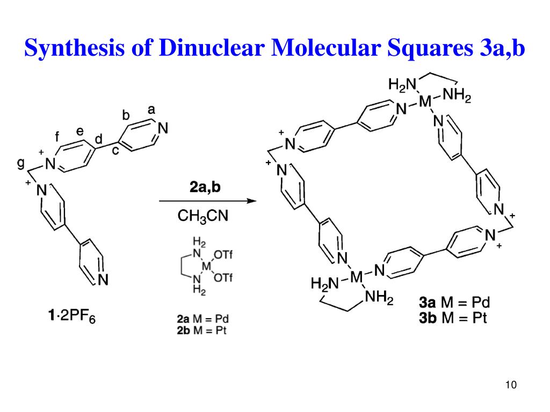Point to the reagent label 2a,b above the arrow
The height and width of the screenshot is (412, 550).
pos(205,188)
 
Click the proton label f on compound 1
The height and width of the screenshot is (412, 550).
pos(57,137)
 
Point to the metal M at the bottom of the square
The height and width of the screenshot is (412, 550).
pos(357,277)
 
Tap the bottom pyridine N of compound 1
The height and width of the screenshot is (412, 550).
pos(104,279)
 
